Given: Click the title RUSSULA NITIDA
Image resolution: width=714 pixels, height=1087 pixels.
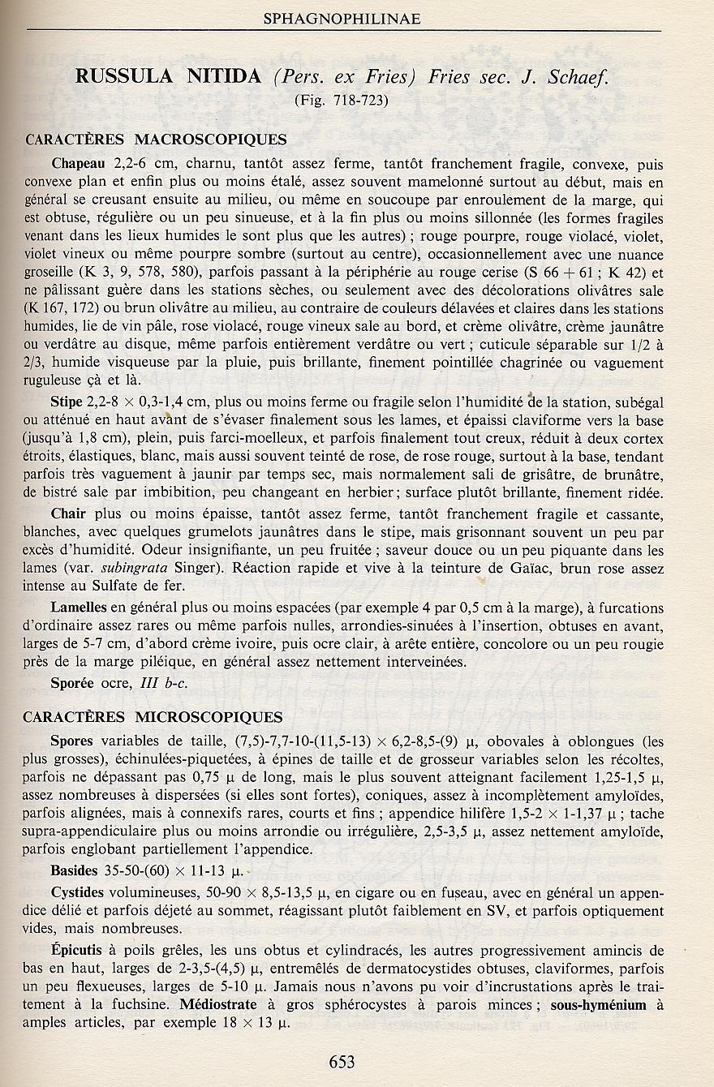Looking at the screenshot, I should [x=168, y=77].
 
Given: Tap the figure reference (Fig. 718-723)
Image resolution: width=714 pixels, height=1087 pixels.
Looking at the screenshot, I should [x=342, y=101].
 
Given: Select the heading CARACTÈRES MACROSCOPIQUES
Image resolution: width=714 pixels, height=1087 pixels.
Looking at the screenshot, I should [x=156, y=139].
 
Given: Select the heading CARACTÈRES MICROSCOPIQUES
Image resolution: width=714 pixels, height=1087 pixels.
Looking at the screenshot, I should [x=154, y=717].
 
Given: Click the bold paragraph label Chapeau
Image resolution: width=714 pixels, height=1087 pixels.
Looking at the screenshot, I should [x=79, y=164].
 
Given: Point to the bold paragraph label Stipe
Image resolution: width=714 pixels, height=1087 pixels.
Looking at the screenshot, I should [x=67, y=402].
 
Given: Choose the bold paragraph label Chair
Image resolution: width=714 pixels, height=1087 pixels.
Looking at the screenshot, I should [x=68, y=514].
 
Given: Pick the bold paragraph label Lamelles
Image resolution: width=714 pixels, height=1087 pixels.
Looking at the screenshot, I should [x=79, y=608].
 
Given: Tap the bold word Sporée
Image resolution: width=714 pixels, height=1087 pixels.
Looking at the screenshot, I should [x=73, y=682].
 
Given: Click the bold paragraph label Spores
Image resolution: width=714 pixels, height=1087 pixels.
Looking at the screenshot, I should [x=71, y=741].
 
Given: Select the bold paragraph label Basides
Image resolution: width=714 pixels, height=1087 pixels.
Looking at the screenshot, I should [x=74, y=872].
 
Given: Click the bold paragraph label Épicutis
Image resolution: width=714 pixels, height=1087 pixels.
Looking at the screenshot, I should [x=78, y=950].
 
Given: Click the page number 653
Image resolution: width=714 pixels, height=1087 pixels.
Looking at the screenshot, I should [x=342, y=1062].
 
